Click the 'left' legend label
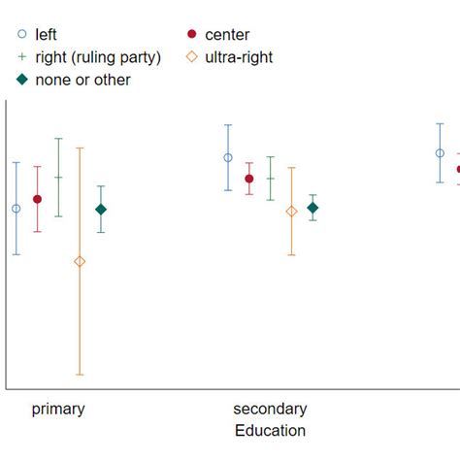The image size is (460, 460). pyautogui.click(x=46, y=35)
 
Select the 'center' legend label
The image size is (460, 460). pyautogui.click(x=227, y=35)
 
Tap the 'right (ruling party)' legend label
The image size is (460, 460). pyautogui.click(x=98, y=57)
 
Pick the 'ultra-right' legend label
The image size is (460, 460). pyautogui.click(x=239, y=57)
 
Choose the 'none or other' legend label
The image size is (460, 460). pyautogui.click(x=82, y=80)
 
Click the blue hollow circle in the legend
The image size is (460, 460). pyautogui.click(x=20, y=35)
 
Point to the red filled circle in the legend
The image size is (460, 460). pyautogui.click(x=191, y=35)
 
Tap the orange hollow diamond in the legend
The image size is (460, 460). pyautogui.click(x=191, y=57)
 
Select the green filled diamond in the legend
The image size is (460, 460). pyautogui.click(x=20, y=80)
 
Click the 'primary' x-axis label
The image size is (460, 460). pyautogui.click(x=58, y=409)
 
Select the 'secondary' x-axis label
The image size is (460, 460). pyautogui.click(x=270, y=409)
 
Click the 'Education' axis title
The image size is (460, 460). pyautogui.click(x=270, y=431)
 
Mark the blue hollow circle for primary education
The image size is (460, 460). pyautogui.click(x=16, y=209)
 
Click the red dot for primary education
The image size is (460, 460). pyautogui.click(x=37, y=199)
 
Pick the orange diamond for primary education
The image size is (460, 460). pyautogui.click(x=80, y=261)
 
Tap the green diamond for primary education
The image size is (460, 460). pyautogui.click(x=101, y=210)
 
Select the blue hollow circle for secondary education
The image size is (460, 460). pyautogui.click(x=228, y=157)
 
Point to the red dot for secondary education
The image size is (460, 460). pyautogui.click(x=249, y=179)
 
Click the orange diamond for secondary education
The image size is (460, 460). pyautogui.click(x=291, y=212)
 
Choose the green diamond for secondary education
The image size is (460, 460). pyautogui.click(x=312, y=208)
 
